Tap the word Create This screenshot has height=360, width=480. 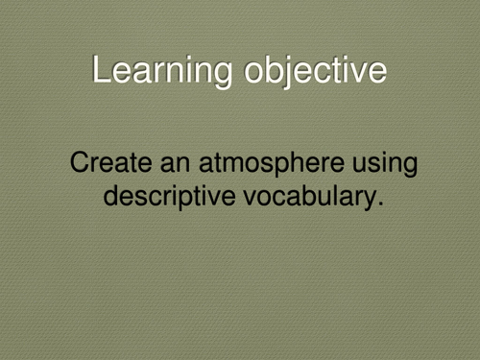coord(107,163)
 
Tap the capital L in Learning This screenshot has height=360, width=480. coord(101,71)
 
